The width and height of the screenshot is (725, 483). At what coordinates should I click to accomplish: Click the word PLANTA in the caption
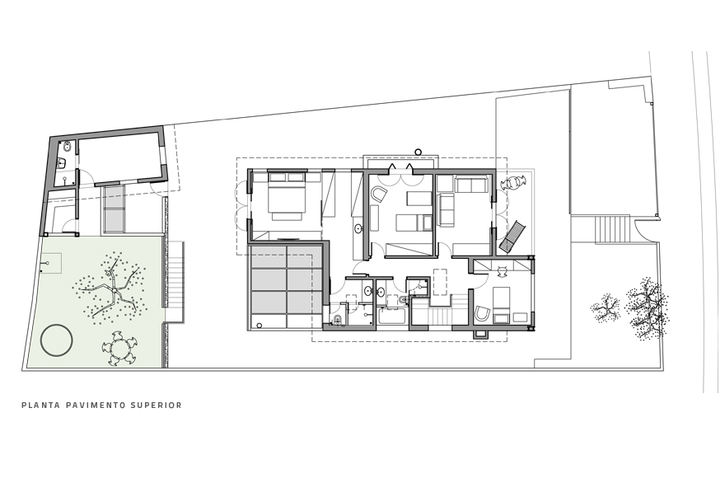tap(40, 406)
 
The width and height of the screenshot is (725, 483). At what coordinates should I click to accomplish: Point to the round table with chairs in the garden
tap(120, 348)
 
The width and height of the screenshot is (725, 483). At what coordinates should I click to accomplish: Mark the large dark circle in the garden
tap(57, 340)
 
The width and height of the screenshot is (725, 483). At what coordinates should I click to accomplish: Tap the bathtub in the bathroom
tap(392, 317)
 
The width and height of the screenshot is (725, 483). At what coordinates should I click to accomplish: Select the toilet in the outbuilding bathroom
tap(68, 147)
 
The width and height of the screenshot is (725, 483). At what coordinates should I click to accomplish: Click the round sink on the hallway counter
tap(358, 228)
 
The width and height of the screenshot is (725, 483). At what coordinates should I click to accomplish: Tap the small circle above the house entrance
tap(419, 152)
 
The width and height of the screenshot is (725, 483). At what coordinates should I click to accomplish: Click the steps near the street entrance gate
tap(613, 228)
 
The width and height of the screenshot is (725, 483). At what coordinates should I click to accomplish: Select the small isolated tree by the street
tap(606, 307)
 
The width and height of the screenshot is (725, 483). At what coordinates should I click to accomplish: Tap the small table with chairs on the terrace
tap(514, 183)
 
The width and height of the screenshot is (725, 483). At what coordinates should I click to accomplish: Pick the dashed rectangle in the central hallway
tap(441, 281)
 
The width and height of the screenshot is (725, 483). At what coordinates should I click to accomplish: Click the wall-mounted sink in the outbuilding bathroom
tap(63, 162)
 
